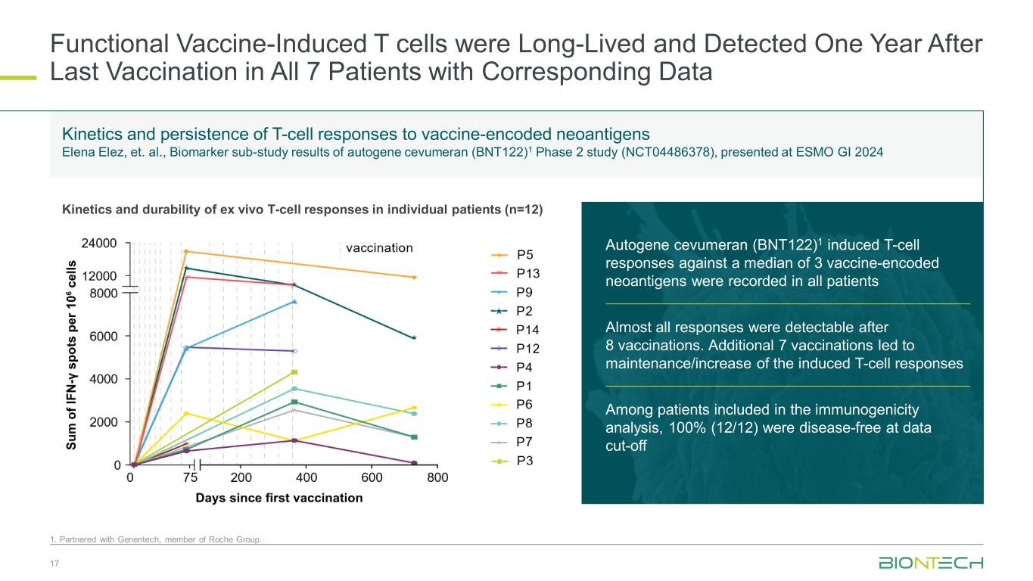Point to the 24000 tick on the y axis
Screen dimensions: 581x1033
(x=98, y=244)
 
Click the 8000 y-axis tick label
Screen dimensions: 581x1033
(x=104, y=292)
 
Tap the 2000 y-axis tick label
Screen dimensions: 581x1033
(x=104, y=422)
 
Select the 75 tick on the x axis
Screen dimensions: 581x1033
(x=190, y=478)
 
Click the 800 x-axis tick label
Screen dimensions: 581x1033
(x=437, y=478)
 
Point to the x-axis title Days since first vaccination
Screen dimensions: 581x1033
(x=279, y=498)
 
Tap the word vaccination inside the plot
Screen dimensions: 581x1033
(x=379, y=247)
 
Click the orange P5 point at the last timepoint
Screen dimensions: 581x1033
(x=414, y=278)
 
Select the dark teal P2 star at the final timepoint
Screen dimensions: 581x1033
(x=414, y=337)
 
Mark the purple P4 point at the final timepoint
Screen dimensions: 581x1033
(x=414, y=463)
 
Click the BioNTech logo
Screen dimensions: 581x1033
(x=930, y=563)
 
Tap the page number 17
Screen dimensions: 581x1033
(x=54, y=564)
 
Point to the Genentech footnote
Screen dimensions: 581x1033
(x=156, y=539)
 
